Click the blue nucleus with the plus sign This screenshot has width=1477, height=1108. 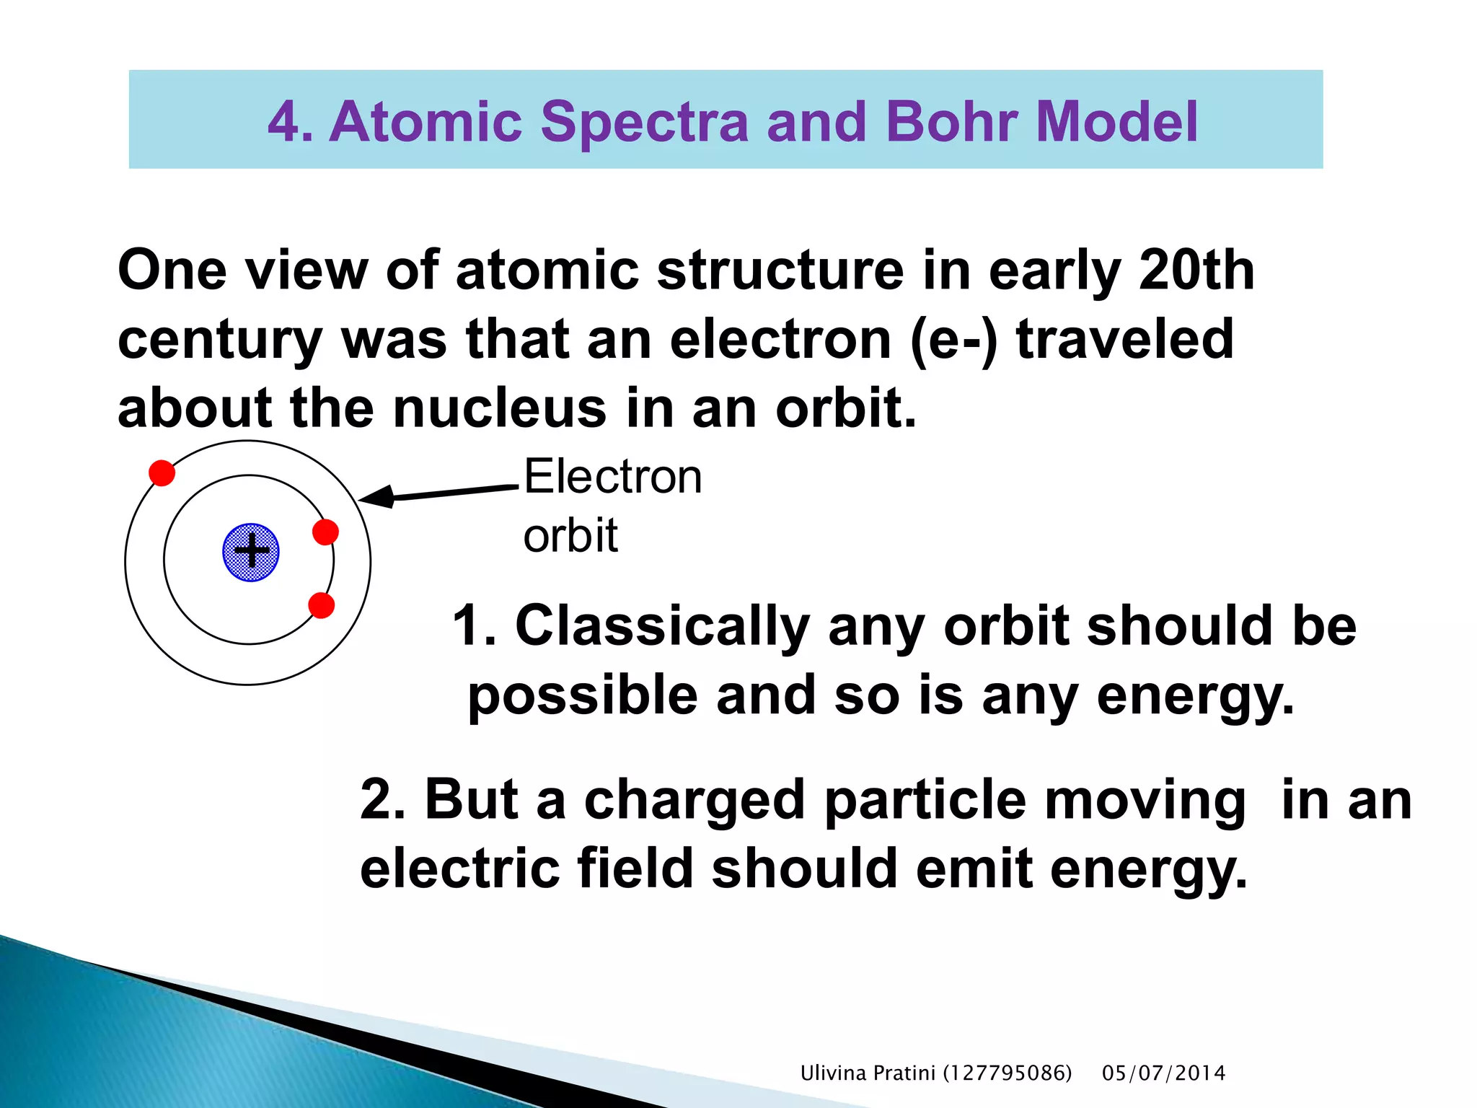coord(250,553)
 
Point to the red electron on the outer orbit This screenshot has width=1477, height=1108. coord(162,473)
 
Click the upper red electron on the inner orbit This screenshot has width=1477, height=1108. coord(325,532)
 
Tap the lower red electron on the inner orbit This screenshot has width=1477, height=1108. coord(321,605)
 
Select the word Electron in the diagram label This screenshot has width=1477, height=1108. coord(612,477)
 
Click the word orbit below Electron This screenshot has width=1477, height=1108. coord(570,536)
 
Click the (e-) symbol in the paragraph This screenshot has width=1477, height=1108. coord(953,340)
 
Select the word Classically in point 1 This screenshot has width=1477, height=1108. coord(662,625)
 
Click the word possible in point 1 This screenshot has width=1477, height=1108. coord(582,696)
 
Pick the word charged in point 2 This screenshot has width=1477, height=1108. coord(694,800)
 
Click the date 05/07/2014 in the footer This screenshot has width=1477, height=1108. coord(1163,1073)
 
